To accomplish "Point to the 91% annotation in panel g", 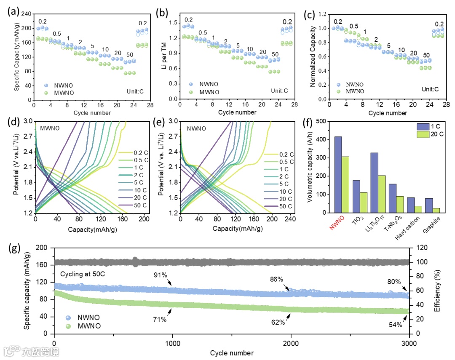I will click(x=161, y=275).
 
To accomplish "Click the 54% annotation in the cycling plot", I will click(x=396, y=325).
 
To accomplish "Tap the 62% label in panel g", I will click(x=278, y=323).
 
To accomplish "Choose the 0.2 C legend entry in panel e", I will click(x=286, y=154).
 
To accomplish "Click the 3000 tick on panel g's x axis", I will click(x=409, y=343).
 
